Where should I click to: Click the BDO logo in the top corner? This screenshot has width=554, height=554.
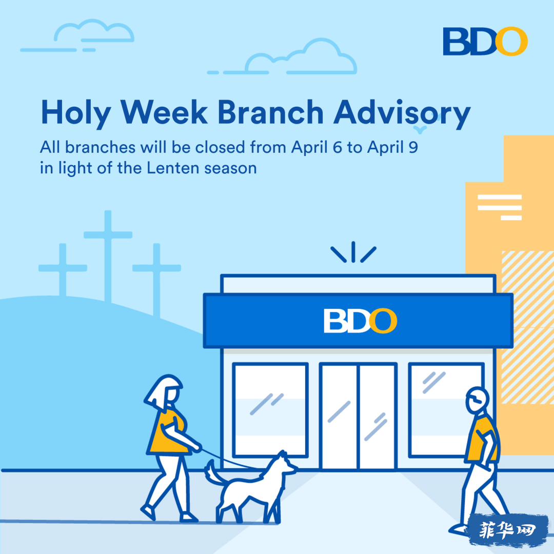coord(485,42)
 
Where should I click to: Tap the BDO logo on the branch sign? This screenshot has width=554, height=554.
coord(361,321)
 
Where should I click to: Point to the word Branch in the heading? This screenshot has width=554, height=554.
coord(271,112)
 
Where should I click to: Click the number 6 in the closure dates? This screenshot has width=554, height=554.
coord(338,147)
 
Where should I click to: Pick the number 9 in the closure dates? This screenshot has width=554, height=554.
coord(413,147)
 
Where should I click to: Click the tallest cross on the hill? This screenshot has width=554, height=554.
coord(108,256)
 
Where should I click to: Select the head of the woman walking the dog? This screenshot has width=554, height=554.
coord(164,392)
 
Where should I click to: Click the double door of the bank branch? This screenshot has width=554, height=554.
coord(359,416)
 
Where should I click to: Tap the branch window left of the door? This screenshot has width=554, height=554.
coord(270,410)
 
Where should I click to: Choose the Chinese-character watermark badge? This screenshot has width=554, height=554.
coord(508,530)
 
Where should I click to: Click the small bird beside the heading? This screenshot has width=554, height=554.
coord(420,130)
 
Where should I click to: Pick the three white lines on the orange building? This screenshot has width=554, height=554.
coord(500,207)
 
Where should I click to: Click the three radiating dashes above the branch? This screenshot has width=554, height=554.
coord(353,252)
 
